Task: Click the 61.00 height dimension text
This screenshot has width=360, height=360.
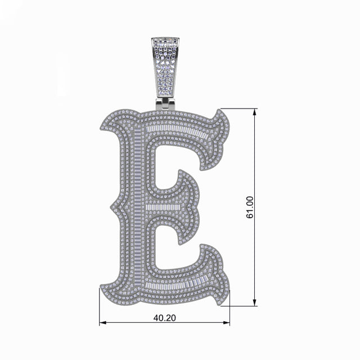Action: (250, 207)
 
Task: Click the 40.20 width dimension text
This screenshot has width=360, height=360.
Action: (164, 318)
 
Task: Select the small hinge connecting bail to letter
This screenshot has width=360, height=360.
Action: (165, 103)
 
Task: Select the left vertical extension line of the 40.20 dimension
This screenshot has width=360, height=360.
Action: (100, 309)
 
